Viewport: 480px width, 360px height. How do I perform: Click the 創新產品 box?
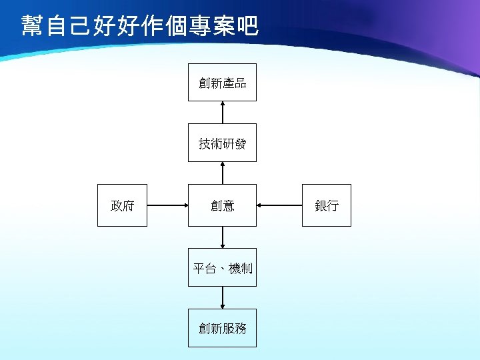pyautogui.click(x=222, y=83)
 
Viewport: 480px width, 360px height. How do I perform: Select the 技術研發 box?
pyautogui.click(x=222, y=143)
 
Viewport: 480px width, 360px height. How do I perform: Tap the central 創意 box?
pyautogui.click(x=222, y=205)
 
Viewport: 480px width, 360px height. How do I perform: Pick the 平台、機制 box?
pyautogui.click(x=222, y=268)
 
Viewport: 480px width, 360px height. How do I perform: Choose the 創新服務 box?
pyautogui.click(x=222, y=328)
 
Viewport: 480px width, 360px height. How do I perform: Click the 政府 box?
pyautogui.click(x=122, y=205)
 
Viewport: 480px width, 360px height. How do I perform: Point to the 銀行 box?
pyautogui.click(x=326, y=205)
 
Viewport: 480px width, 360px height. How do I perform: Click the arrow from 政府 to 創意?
pyautogui.click(x=167, y=205)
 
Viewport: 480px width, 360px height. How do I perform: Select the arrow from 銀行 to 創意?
pyautogui.click(x=280, y=205)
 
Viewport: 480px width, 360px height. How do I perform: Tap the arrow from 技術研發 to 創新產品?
pyautogui.click(x=223, y=112)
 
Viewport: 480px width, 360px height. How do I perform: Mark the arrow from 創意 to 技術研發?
pyautogui.click(x=223, y=173)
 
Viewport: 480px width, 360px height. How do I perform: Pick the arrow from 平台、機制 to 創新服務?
pyautogui.click(x=223, y=297)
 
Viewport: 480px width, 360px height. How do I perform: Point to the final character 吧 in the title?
pyautogui.click(x=248, y=27)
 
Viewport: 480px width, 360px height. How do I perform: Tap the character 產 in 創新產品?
pyautogui.click(x=229, y=83)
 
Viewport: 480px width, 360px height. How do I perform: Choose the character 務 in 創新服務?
pyautogui.click(x=241, y=328)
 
